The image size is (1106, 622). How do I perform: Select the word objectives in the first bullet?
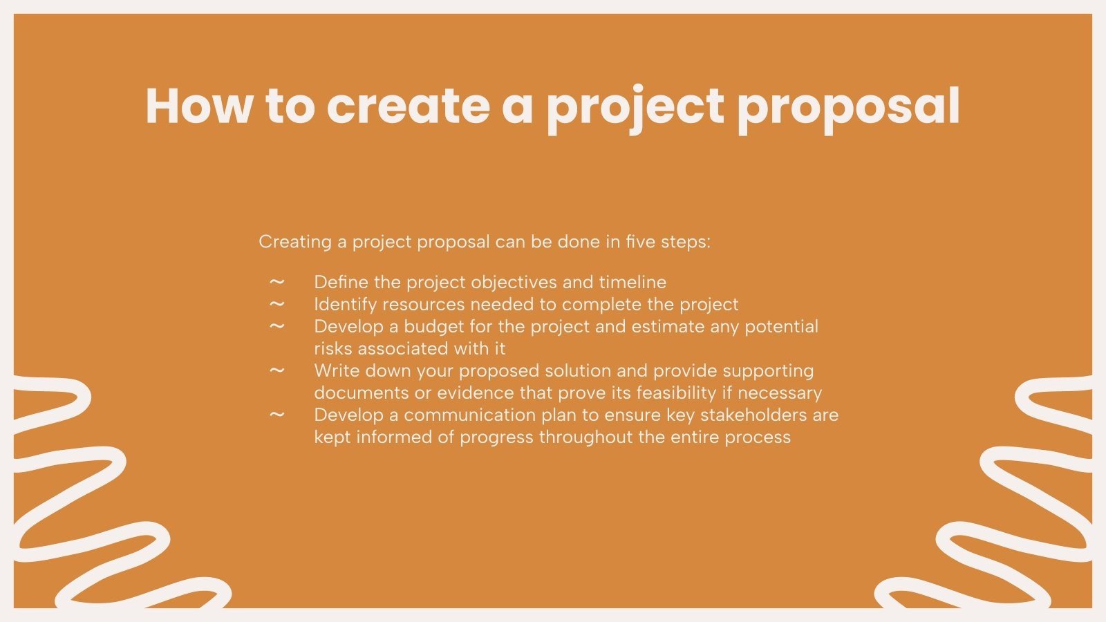pyautogui.click(x=507, y=282)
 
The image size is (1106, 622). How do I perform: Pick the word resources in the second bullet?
pyautogui.click(x=423, y=304)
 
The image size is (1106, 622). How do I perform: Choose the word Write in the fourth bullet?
pyautogui.click(x=337, y=370)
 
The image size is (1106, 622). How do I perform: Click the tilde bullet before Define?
pyautogui.click(x=276, y=282)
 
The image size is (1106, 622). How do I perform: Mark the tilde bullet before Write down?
pyautogui.click(x=276, y=370)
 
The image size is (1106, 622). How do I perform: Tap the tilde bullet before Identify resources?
pyautogui.click(x=276, y=304)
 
